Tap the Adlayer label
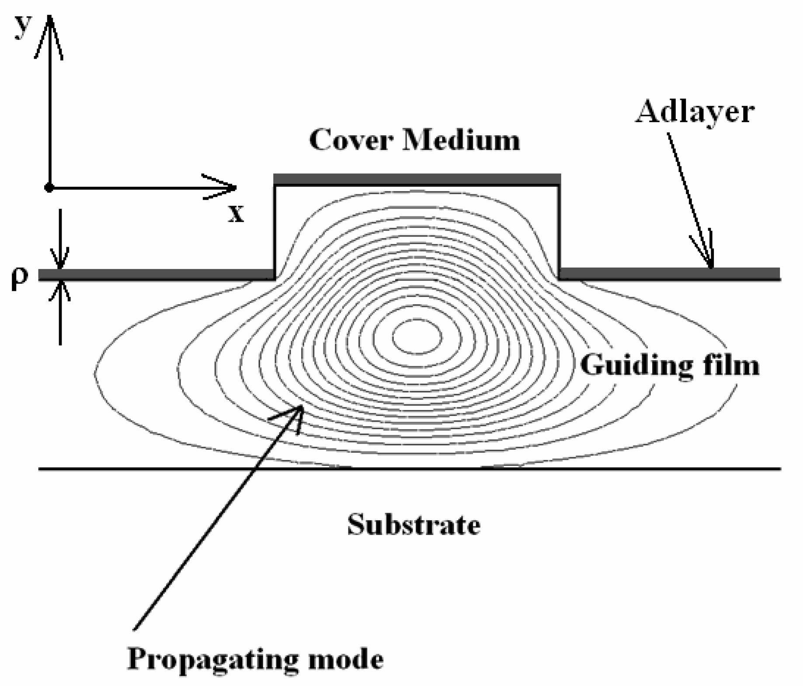[x=695, y=112]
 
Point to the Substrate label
[x=414, y=525]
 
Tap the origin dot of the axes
[x=49, y=188]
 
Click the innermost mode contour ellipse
[x=417, y=336]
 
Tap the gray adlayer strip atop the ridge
[x=417, y=179]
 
